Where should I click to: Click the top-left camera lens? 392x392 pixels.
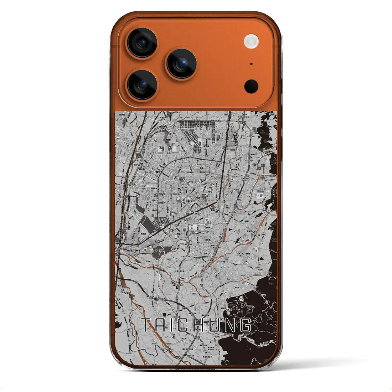click(x=142, y=43)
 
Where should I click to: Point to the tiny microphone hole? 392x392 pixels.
click(x=251, y=64)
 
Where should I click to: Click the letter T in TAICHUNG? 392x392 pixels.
click(x=146, y=325)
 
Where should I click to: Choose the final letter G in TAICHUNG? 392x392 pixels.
click(x=245, y=325)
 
